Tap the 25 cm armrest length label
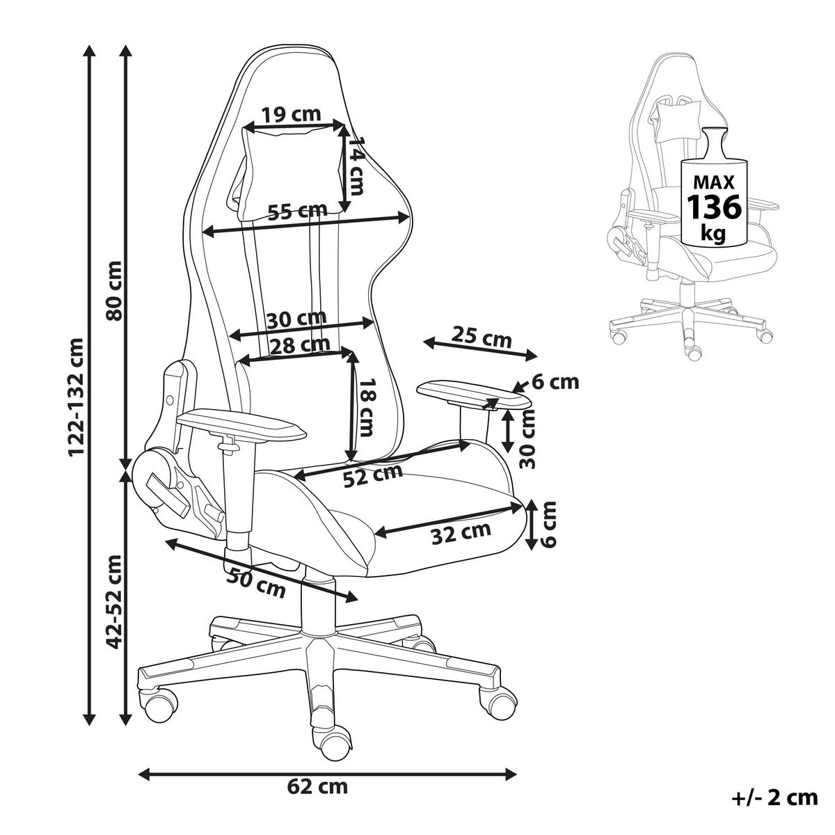pyautogui.click(x=482, y=338)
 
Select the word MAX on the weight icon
pyautogui.click(x=714, y=183)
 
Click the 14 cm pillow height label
pyautogui.click(x=356, y=166)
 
